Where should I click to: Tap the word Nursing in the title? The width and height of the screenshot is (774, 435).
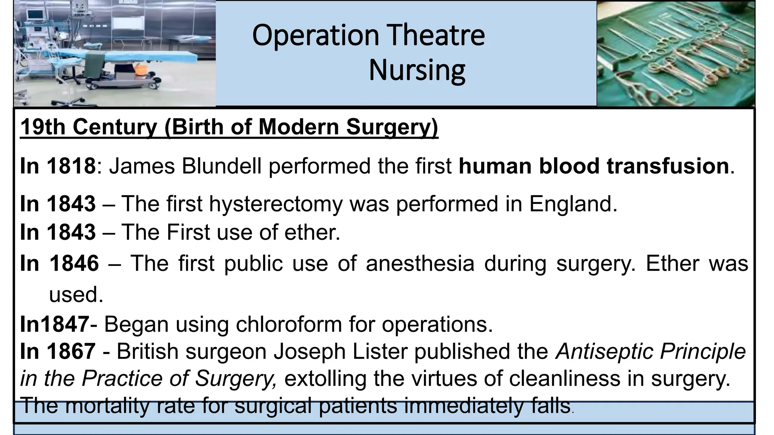point(417,70)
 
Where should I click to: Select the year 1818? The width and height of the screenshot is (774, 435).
point(71,166)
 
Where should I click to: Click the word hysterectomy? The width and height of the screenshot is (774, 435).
point(276,204)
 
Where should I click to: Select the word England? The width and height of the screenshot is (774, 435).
point(573,204)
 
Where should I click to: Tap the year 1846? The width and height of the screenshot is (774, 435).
point(74,263)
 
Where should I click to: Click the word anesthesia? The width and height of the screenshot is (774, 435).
point(420,263)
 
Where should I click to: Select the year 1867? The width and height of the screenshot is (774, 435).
point(71,352)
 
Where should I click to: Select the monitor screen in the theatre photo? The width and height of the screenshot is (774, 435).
point(35,14)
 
